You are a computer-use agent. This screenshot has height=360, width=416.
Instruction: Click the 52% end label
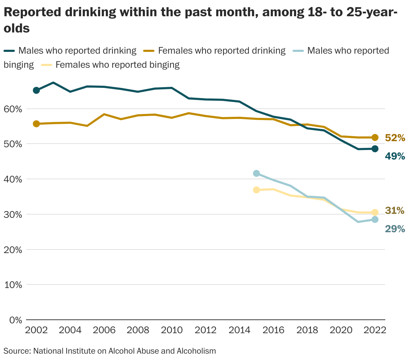point(395,138)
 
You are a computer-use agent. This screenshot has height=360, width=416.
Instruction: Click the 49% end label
point(395,156)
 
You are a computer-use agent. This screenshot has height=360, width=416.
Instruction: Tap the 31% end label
point(395,211)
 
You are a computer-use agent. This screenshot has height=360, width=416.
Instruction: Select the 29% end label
point(395,229)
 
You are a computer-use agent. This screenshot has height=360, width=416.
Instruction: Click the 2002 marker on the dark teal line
point(36,90)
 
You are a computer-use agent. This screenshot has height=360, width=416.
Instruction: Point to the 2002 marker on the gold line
point(36,124)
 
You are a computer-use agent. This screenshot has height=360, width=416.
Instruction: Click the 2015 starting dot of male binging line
point(256,173)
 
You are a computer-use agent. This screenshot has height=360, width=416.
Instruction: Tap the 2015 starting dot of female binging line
point(256,190)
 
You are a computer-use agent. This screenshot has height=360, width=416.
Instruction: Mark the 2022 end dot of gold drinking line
point(375,138)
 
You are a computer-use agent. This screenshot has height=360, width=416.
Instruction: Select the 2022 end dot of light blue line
point(375,220)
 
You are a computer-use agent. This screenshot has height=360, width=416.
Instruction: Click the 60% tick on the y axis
point(13,109)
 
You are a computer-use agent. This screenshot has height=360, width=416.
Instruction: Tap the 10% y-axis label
point(13,285)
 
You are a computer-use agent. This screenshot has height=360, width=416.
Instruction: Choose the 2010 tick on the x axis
point(172,330)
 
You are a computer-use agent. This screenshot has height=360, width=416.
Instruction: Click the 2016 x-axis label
point(273,330)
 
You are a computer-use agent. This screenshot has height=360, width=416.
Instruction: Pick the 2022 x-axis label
point(375,330)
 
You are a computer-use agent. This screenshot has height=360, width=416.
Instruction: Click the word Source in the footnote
point(17,351)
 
